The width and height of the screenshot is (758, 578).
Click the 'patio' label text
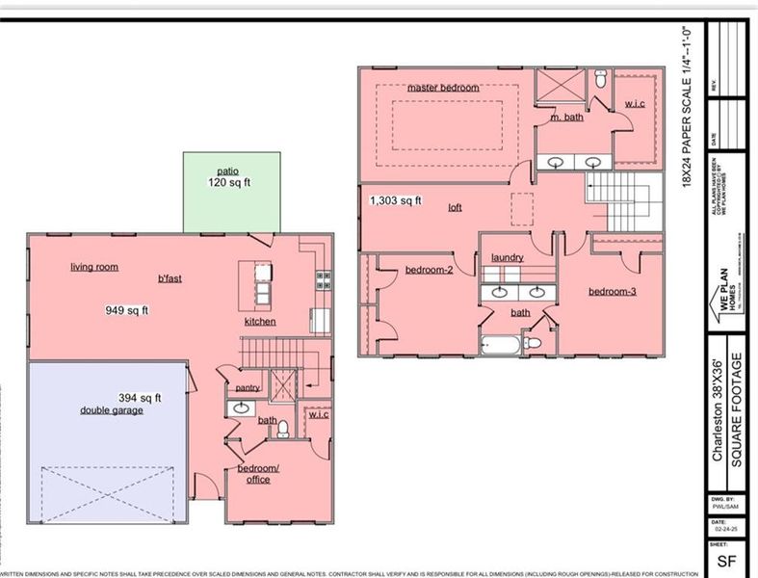(227, 170)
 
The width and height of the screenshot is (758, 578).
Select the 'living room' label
(93, 267)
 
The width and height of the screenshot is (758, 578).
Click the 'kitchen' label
(261, 321)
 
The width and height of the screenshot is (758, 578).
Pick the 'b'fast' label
(171, 279)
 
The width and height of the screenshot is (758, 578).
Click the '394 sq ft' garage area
(140, 397)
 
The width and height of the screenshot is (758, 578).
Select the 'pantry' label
(248, 387)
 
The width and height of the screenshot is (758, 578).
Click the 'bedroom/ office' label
(259, 474)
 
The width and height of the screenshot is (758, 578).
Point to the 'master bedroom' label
(442, 88)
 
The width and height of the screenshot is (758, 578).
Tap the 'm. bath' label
(566, 118)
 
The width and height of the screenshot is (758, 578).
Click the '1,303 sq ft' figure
(396, 200)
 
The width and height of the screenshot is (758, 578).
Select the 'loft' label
(455, 207)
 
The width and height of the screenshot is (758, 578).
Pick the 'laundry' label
(507, 257)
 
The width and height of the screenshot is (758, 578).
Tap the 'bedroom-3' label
(613, 291)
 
